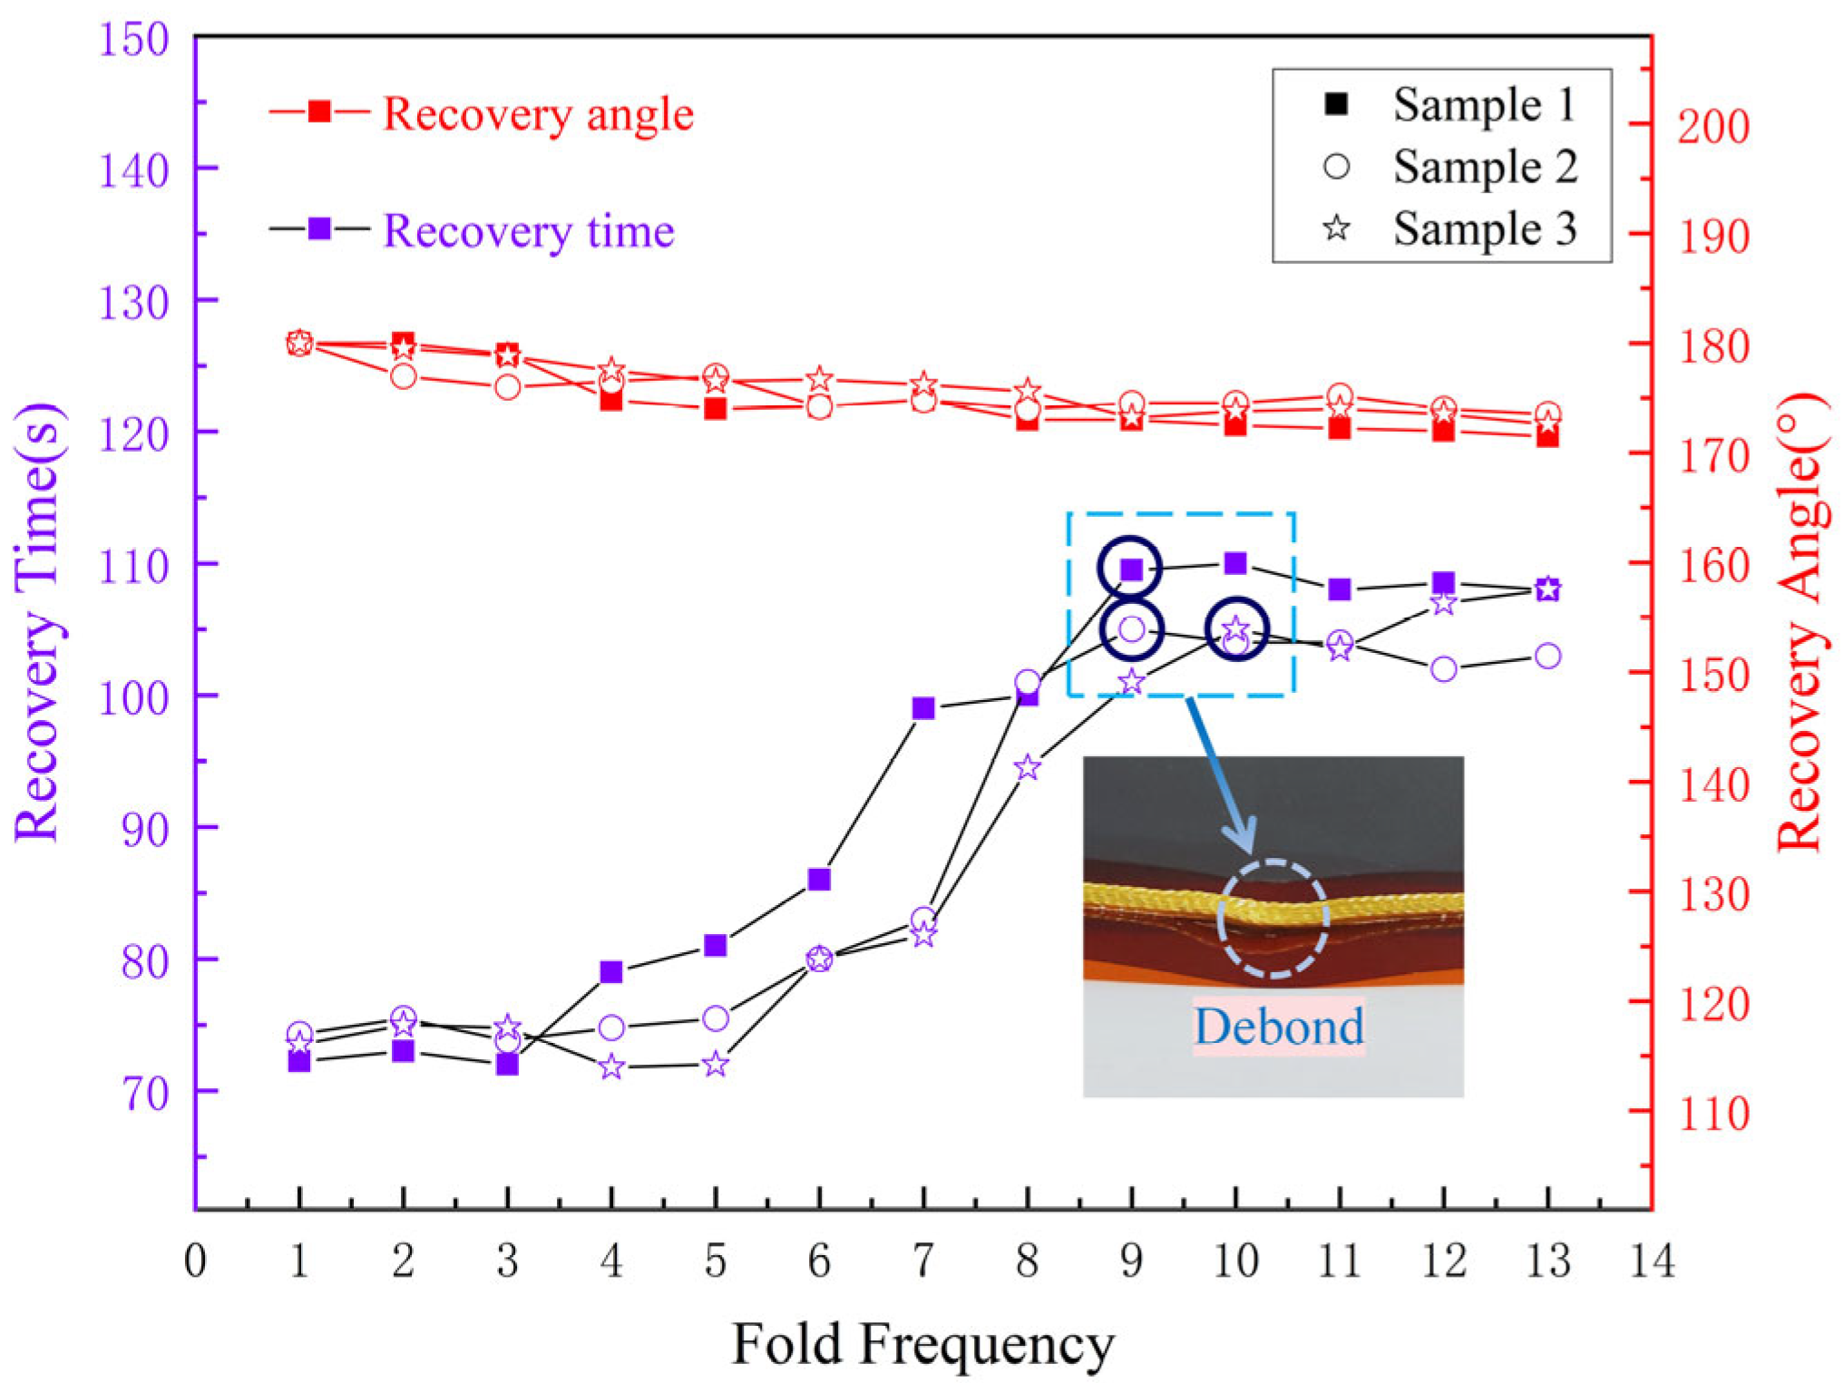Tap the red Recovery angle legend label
click(x=538, y=114)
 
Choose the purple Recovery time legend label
click(x=528, y=231)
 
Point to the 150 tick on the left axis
click(x=133, y=40)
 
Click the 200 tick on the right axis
click(x=1712, y=126)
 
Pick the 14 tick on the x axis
click(x=1651, y=1261)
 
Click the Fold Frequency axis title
click(x=922, y=1344)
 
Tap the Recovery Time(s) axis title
click(x=38, y=622)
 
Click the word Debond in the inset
click(x=1278, y=1027)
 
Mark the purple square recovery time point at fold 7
click(x=923, y=708)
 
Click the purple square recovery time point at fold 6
click(x=819, y=879)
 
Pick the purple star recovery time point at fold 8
click(x=1027, y=768)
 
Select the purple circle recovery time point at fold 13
click(x=1547, y=656)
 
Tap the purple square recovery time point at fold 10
click(x=1235, y=564)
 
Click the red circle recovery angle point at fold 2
click(x=404, y=375)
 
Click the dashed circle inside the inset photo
click(x=1273, y=918)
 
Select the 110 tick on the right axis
click(x=1712, y=1115)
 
